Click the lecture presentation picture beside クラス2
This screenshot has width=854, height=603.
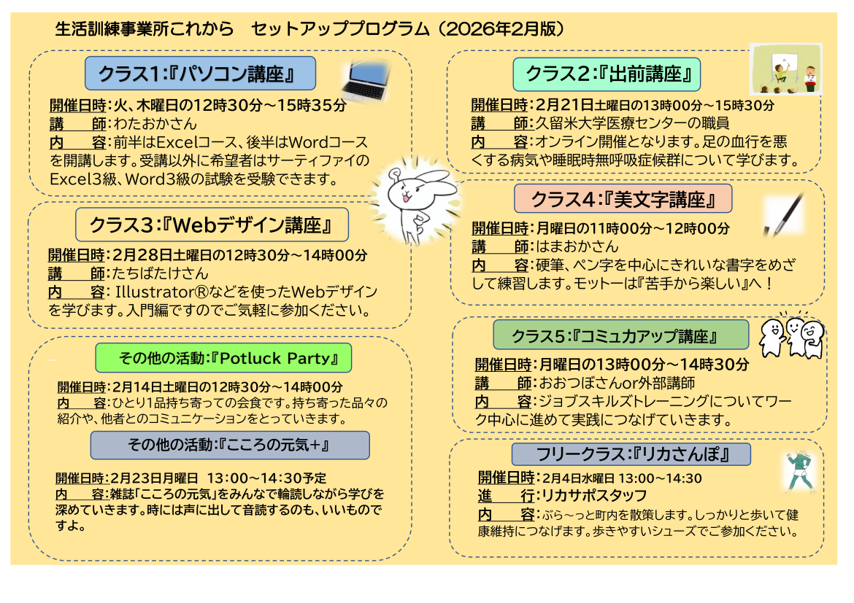tap(786, 69)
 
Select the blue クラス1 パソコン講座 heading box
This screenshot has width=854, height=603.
tap(200, 74)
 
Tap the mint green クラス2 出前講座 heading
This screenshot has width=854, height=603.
tap(607, 74)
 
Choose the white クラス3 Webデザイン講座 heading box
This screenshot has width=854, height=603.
tap(212, 225)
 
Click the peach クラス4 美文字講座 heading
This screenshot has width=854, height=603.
tap(623, 198)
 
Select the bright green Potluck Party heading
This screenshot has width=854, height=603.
tap(223, 358)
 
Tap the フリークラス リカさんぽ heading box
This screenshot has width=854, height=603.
tap(631, 455)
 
